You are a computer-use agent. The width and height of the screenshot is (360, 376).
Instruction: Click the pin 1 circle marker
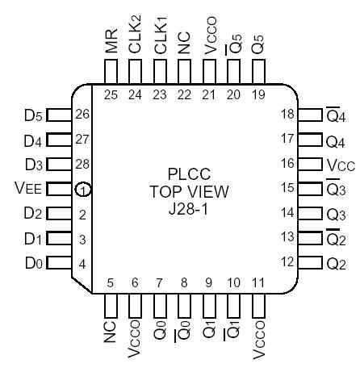[x=82, y=190]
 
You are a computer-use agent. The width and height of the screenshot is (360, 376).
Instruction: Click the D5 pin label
[x=31, y=115]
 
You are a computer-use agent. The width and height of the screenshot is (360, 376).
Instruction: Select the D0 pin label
[x=31, y=264]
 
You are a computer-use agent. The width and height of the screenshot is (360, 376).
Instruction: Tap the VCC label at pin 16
[x=339, y=165]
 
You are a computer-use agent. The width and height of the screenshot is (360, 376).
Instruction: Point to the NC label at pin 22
[x=186, y=48]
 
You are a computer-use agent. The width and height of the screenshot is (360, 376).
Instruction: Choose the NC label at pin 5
[x=112, y=333]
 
